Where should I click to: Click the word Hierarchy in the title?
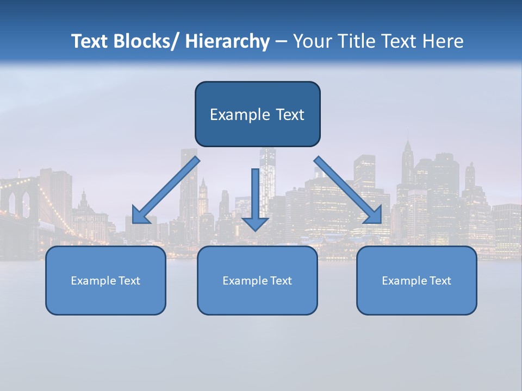click(227, 41)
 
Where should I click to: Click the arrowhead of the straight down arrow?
click(255, 224)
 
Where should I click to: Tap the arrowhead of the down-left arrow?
click(140, 216)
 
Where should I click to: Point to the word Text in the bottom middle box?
click(281, 281)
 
